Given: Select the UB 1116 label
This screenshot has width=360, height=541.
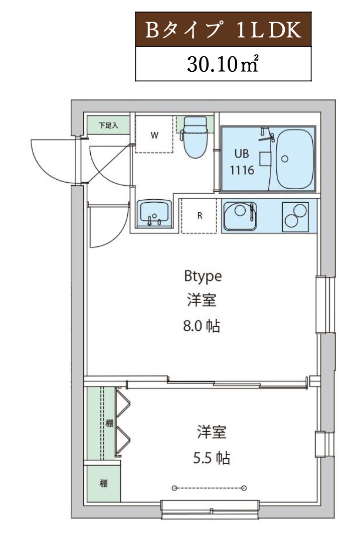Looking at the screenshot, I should point(242,162).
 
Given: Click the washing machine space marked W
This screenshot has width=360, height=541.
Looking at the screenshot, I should point(154,135).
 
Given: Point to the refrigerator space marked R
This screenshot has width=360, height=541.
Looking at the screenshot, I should point(200,216).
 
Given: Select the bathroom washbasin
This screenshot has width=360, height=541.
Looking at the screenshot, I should point(154,213).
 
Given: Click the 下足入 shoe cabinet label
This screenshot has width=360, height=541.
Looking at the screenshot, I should point(108,125).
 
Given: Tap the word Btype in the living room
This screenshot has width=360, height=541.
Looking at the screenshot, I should point(203,276).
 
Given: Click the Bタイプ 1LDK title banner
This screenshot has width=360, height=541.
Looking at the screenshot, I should point(223,31).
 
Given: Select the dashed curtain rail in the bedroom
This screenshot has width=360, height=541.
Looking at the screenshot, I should point(209,488).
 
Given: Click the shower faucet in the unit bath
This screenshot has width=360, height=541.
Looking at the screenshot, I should point(266,135).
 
